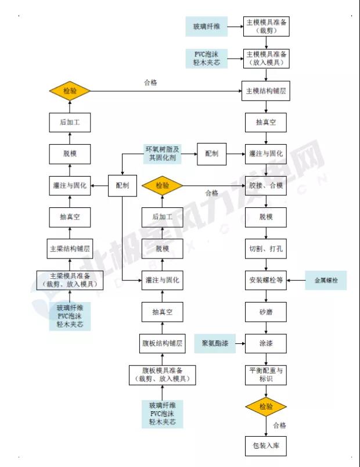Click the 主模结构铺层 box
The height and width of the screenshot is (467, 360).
pyautogui.click(x=266, y=91)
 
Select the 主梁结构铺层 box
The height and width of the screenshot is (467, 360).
pyautogui.click(x=70, y=249)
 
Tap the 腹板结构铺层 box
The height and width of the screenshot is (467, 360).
pyautogui.click(x=162, y=343)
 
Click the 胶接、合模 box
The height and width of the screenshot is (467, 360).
pyautogui.click(x=266, y=186)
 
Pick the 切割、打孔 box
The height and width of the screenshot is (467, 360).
pyautogui.click(x=266, y=249)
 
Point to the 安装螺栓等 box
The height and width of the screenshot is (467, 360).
pyautogui.click(x=266, y=281)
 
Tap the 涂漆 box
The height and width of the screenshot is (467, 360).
pyautogui.click(x=266, y=344)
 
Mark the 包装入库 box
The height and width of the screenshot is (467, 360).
pyautogui.click(x=266, y=446)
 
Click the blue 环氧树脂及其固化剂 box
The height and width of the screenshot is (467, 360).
pyautogui.click(x=163, y=153)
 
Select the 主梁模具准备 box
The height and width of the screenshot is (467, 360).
pyautogui.click(x=70, y=281)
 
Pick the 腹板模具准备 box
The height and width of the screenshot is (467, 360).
pyautogui.click(x=162, y=375)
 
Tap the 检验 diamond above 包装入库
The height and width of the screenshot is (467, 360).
pyautogui.click(x=266, y=407)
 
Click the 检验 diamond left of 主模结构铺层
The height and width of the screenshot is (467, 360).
pyautogui.click(x=70, y=91)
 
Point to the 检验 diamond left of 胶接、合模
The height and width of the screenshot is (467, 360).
pyautogui.click(x=162, y=186)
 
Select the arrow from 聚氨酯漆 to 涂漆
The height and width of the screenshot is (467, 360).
pyautogui.click(x=238, y=344)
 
